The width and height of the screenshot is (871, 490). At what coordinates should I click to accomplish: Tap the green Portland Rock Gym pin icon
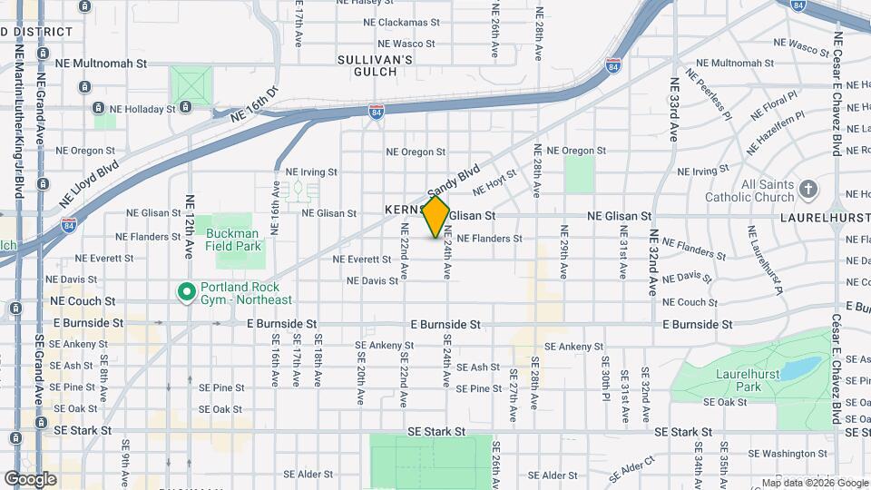point(186,292)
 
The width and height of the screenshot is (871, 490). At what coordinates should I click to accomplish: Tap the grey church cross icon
point(808,190)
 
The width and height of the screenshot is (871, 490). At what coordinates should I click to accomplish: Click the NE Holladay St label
point(139,109)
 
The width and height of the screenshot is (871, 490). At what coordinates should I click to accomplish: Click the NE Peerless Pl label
point(713,99)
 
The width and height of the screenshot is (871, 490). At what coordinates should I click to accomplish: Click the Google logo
point(30,479)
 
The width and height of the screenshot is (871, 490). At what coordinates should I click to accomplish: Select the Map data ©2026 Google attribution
point(814,483)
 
